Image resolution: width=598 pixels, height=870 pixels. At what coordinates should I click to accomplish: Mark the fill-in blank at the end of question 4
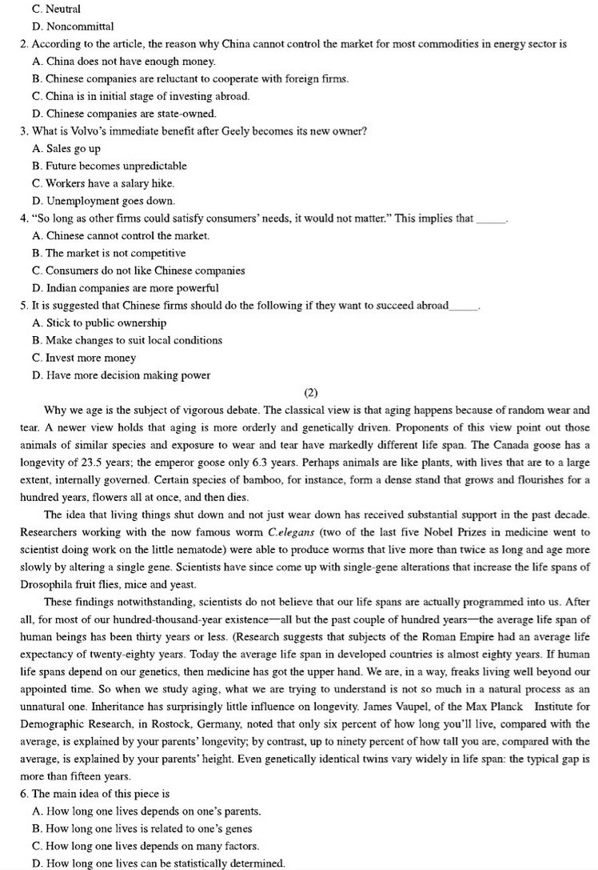click(490, 219)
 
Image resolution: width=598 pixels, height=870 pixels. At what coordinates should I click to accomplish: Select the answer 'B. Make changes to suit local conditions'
click(127, 340)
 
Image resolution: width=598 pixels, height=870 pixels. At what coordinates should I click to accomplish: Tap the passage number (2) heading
click(312, 392)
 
